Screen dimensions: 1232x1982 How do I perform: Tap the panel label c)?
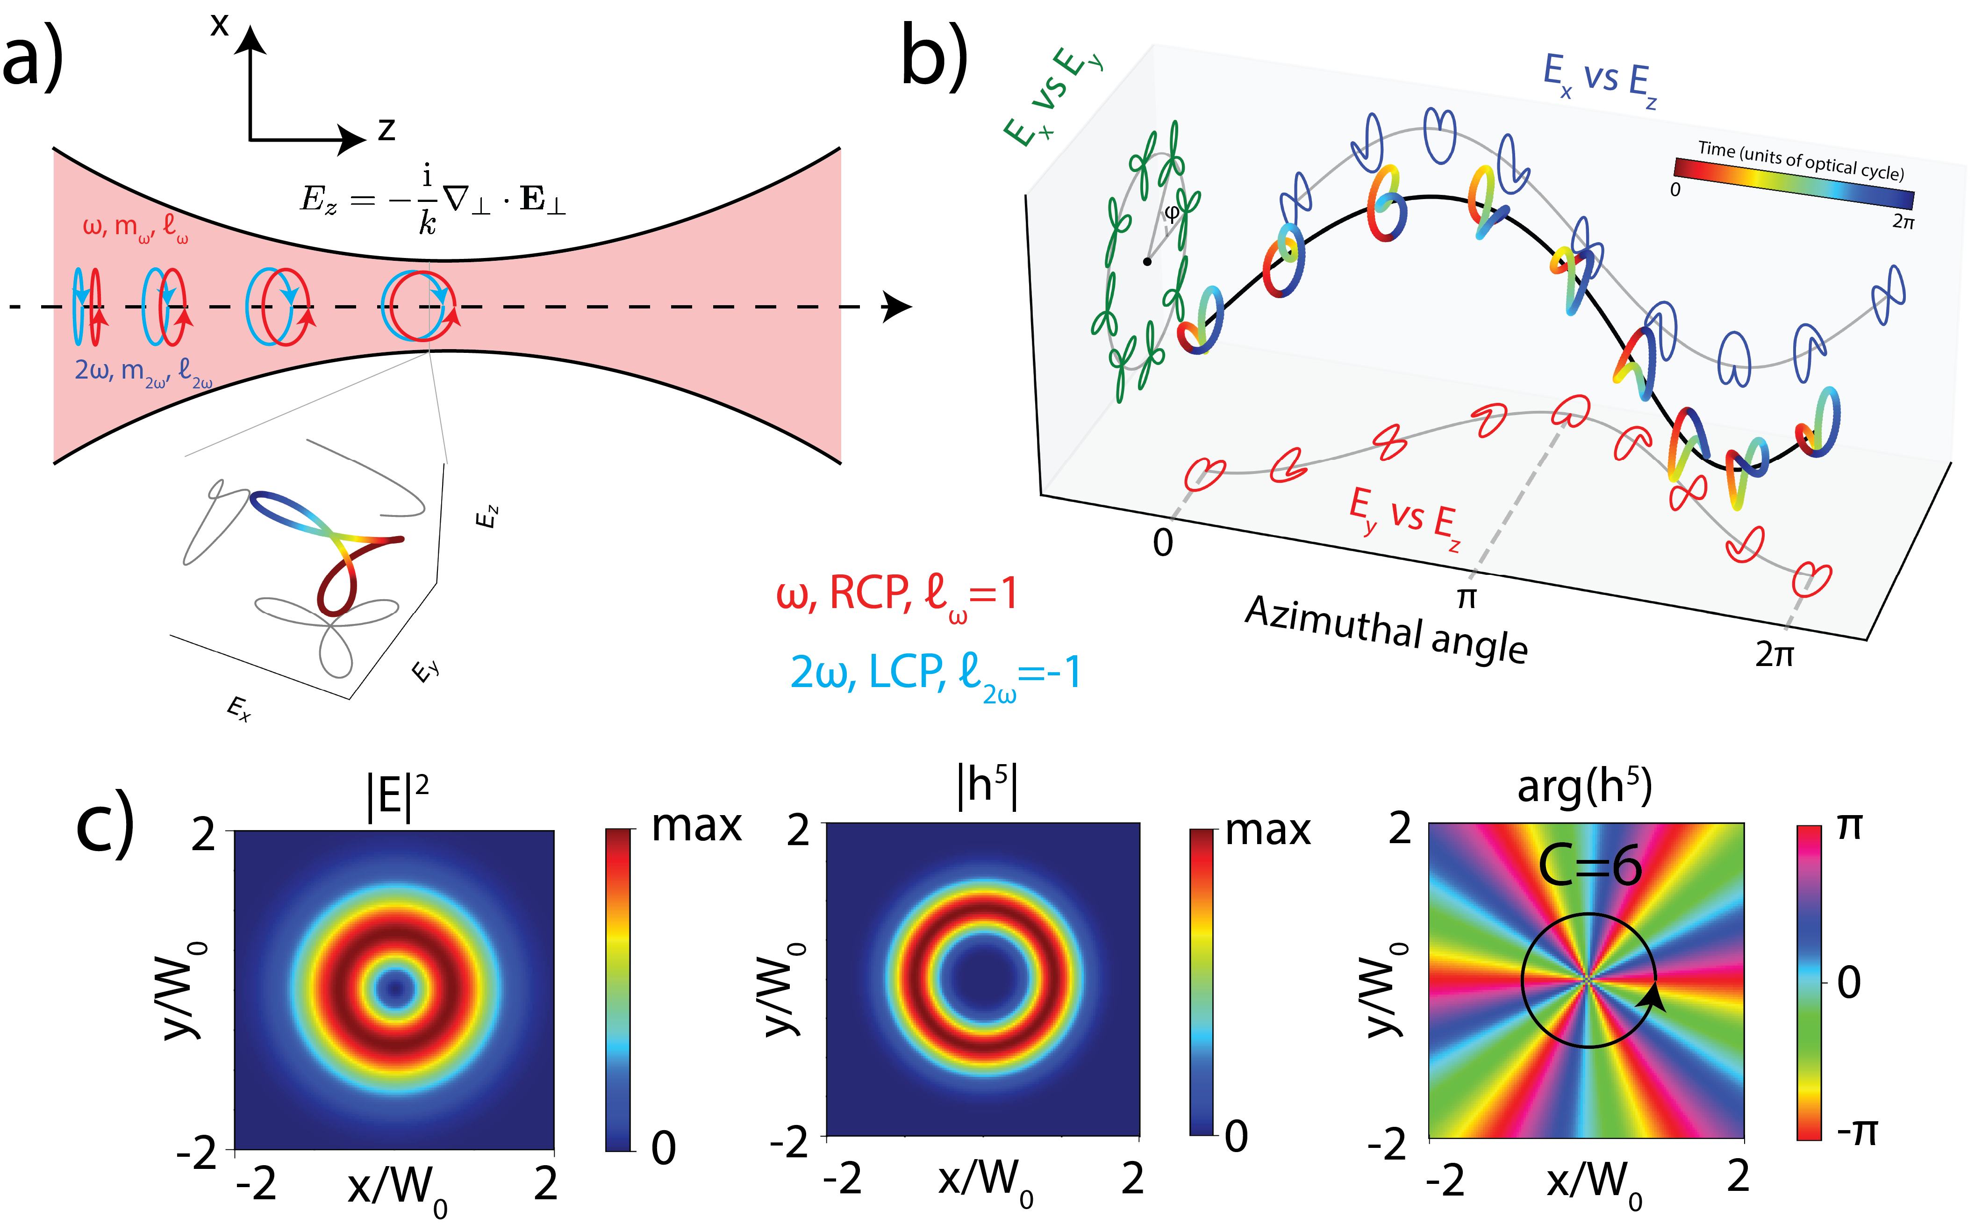click(x=104, y=823)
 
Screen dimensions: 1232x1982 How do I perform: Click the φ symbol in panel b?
click(x=1172, y=214)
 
